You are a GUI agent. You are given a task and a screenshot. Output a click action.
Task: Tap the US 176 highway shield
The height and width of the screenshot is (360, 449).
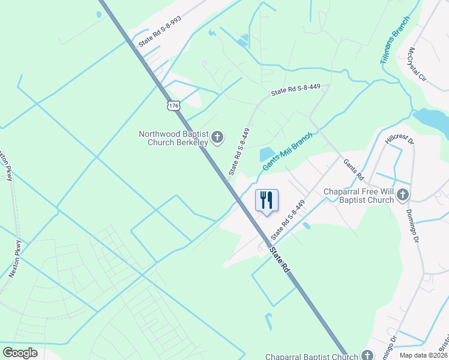tap(173, 106)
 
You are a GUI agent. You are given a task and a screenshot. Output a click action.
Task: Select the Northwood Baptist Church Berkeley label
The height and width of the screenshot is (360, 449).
tap(173, 139)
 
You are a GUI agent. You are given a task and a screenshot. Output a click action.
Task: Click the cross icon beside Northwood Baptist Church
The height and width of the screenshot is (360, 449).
tap(217, 139)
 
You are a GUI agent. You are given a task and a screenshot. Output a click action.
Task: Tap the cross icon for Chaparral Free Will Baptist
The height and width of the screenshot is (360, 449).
tap(402, 194)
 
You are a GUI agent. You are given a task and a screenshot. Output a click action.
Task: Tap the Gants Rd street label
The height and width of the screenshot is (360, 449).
tap(354, 170)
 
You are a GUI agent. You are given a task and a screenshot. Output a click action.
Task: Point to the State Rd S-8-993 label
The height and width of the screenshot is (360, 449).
tap(160, 32)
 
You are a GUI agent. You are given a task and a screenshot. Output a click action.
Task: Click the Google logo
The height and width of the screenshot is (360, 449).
tap(20, 353)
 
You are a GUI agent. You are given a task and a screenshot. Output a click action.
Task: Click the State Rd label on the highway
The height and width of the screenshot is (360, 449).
tap(279, 260)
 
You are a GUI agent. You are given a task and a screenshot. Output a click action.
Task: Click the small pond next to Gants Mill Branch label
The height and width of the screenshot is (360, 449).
tap(266, 154)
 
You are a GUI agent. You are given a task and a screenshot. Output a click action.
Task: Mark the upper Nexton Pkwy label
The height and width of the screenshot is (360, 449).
tap(5, 164)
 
